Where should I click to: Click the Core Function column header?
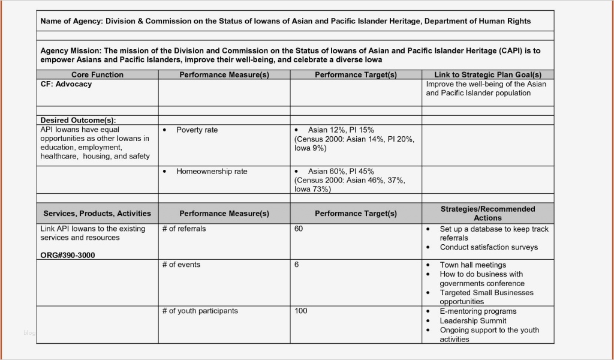[97, 75]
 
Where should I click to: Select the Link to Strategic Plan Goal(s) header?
[487, 75]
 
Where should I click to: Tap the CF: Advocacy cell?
[66, 85]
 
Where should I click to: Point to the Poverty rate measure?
[197, 130]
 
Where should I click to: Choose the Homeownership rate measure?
[211, 172]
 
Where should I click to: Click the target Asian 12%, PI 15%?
[341, 130]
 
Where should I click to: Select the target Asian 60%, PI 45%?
[341, 172]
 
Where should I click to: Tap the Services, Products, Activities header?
[97, 214]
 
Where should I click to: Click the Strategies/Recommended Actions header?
[487, 214]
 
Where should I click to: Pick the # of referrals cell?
[183, 229]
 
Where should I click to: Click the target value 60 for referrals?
[299, 229]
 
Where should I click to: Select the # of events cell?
[181, 265]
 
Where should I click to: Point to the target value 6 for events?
[297, 265]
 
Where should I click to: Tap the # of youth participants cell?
[200, 311]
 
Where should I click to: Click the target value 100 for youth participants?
[301, 311]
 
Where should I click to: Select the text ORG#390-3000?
[68, 256]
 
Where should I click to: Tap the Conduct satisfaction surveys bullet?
[489, 247]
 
